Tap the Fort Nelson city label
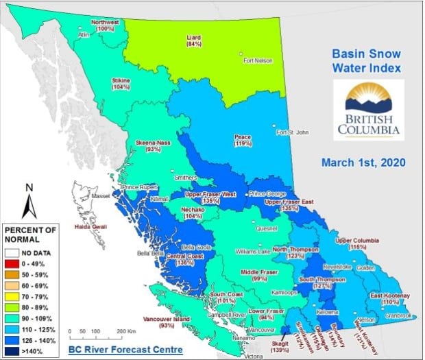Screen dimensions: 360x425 click(x=258, y=61)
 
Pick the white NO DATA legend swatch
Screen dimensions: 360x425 click(x=12, y=252)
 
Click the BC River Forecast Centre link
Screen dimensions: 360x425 click(x=125, y=351)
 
